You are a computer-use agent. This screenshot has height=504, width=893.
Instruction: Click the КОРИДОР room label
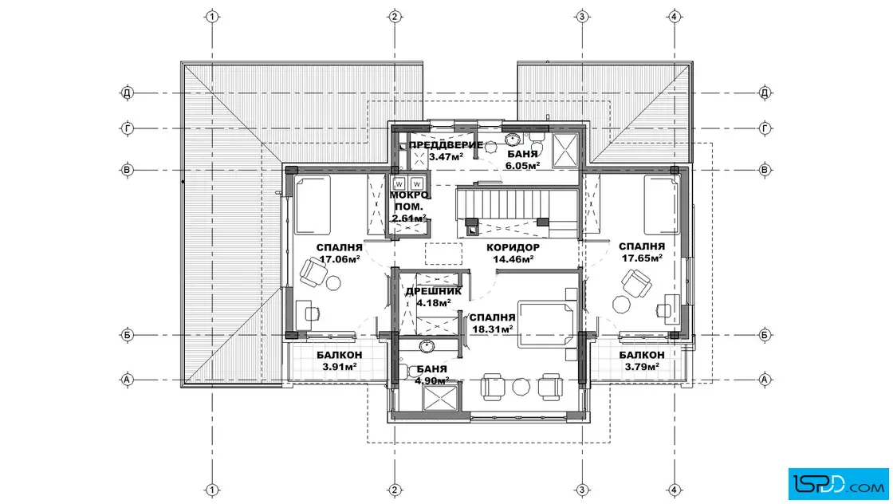click(513, 248)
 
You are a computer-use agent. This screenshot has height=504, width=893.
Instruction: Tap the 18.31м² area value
click(493, 329)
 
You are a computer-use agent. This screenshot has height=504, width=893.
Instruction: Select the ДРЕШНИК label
click(434, 292)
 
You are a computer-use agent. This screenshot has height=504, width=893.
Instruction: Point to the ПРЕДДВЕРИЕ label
click(446, 145)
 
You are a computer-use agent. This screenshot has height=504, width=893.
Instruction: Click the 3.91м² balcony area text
click(340, 367)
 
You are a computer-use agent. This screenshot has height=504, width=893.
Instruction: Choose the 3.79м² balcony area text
click(642, 367)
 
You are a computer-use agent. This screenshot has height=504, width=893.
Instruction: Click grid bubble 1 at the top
click(212, 17)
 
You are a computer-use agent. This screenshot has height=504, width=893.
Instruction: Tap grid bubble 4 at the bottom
click(675, 490)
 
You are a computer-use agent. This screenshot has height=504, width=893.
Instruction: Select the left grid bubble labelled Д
click(127, 93)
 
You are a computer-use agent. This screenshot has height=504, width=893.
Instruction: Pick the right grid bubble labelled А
click(765, 380)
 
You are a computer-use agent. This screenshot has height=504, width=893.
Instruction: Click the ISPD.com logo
click(838, 484)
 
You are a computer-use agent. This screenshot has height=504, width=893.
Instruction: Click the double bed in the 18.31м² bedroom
click(546, 325)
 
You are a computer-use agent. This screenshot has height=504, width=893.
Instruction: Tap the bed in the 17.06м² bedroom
click(313, 205)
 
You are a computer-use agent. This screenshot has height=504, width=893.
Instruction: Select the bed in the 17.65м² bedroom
click(662, 205)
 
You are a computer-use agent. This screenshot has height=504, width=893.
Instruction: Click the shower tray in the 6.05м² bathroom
click(565, 152)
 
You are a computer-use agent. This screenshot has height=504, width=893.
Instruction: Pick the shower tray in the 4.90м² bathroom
click(439, 398)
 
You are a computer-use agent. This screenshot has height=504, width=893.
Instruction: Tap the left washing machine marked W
click(399, 184)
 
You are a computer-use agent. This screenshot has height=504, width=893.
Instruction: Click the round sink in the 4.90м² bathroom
click(427, 345)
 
